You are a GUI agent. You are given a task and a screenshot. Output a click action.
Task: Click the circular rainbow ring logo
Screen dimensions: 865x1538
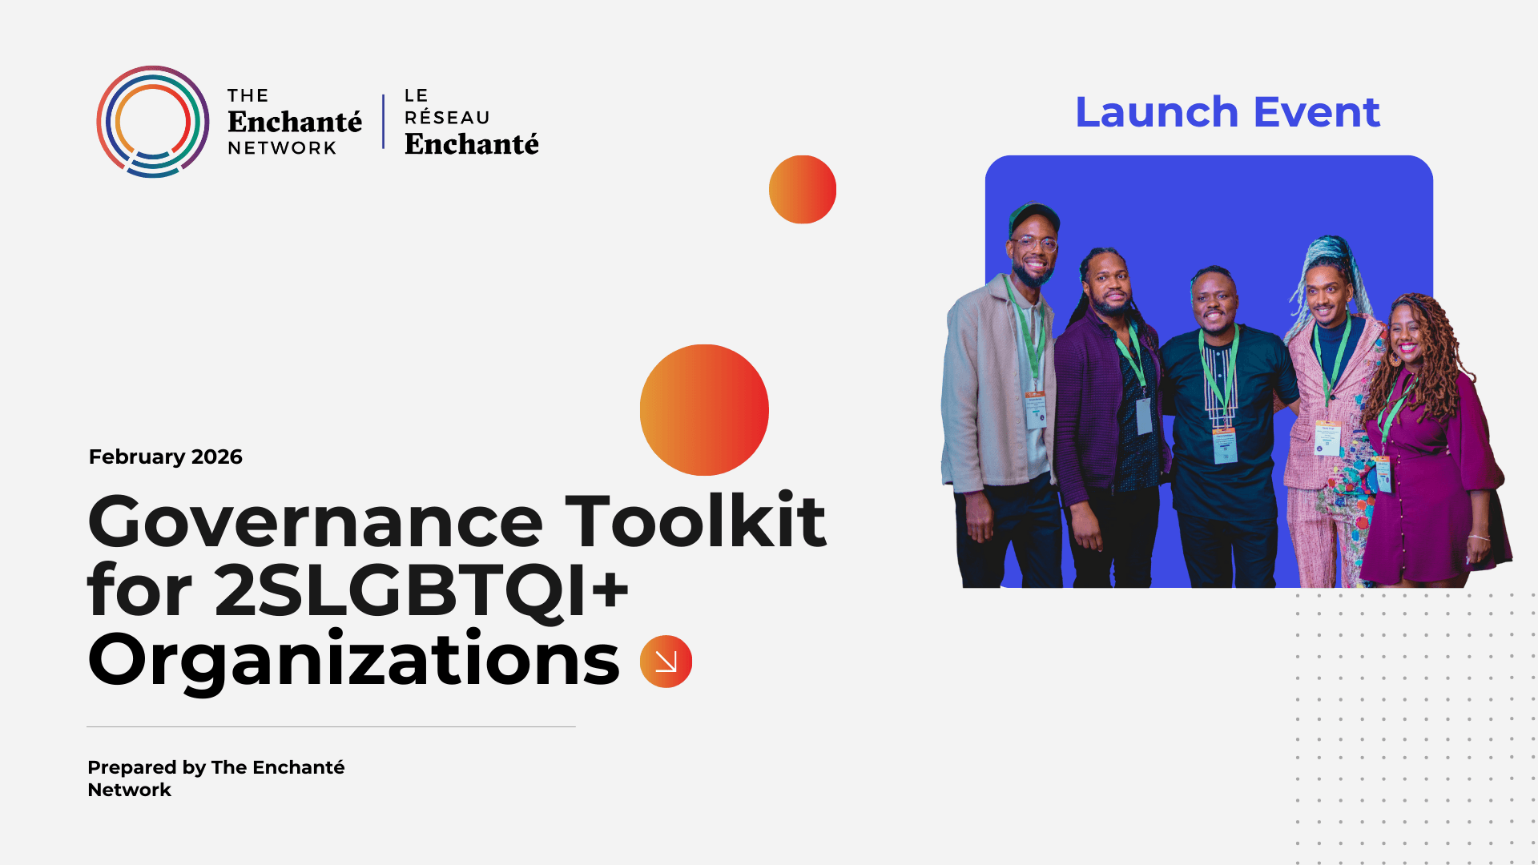152,122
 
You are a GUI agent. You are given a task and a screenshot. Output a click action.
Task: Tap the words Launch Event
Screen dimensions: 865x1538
1227,112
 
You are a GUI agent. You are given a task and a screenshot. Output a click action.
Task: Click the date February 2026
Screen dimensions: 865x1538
165,457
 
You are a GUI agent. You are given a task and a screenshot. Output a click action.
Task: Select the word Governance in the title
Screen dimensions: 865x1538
316,522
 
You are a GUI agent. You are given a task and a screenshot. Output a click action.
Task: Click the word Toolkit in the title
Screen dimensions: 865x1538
695,522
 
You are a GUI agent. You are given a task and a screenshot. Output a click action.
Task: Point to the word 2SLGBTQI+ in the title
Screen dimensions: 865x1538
421,591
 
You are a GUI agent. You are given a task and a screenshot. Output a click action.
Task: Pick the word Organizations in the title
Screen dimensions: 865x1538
353,660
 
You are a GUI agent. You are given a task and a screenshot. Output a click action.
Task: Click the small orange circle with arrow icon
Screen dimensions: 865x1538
666,662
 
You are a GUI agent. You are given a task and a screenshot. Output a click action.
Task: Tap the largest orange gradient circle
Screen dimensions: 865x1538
704,410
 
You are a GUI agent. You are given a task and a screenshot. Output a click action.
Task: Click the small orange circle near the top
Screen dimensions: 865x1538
802,190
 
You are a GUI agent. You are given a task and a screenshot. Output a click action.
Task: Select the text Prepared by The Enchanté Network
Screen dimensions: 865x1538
215,778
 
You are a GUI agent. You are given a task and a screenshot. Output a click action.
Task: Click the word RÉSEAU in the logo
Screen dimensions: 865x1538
447,118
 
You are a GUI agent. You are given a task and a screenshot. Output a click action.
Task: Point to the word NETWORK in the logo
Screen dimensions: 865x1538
282,148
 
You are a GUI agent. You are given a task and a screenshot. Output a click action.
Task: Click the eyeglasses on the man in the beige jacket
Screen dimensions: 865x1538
1034,243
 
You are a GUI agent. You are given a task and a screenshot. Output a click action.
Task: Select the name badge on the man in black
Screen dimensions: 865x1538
1225,445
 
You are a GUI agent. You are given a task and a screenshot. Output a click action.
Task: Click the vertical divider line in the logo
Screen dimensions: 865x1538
384,122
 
